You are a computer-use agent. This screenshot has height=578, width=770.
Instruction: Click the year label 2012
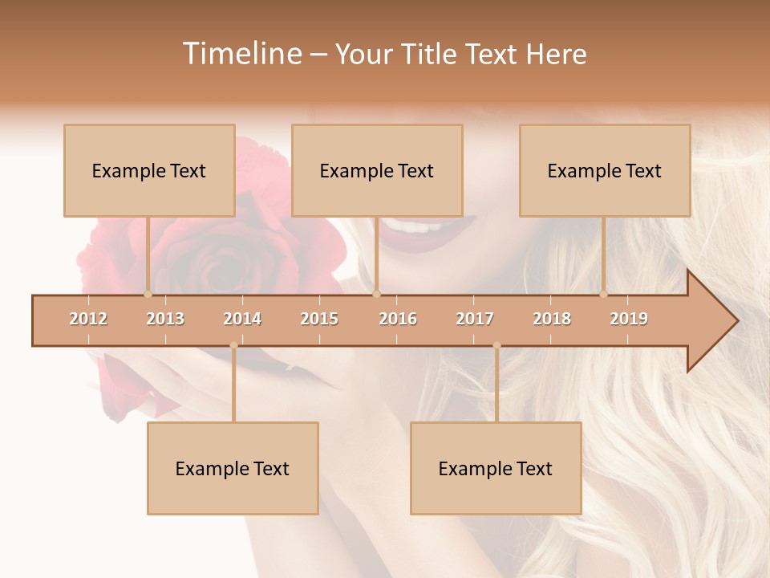click(88, 319)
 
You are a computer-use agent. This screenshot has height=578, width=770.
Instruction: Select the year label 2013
click(165, 319)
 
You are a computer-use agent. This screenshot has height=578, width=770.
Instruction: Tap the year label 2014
click(242, 319)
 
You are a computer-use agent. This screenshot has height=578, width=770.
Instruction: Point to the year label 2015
click(319, 319)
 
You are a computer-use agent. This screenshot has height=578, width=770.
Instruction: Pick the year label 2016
click(398, 319)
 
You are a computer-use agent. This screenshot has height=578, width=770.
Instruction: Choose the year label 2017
click(475, 319)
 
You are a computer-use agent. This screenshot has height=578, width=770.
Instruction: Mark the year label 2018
click(552, 319)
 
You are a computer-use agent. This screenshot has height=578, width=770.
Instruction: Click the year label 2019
click(629, 319)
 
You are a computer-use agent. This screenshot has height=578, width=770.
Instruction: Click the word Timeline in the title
click(241, 54)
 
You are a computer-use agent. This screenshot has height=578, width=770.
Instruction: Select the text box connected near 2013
click(149, 170)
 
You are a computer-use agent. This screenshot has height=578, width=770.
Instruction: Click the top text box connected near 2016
click(377, 170)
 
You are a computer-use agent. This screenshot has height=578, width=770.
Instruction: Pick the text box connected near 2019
click(605, 170)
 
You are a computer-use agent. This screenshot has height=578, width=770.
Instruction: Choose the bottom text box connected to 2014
click(233, 468)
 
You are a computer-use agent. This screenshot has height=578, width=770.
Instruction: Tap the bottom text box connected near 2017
click(496, 468)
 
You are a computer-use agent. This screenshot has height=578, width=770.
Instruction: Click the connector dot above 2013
click(148, 294)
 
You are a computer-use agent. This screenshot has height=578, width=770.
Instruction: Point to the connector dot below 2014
click(233, 345)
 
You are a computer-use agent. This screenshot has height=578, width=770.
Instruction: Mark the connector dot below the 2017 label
click(496, 345)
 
